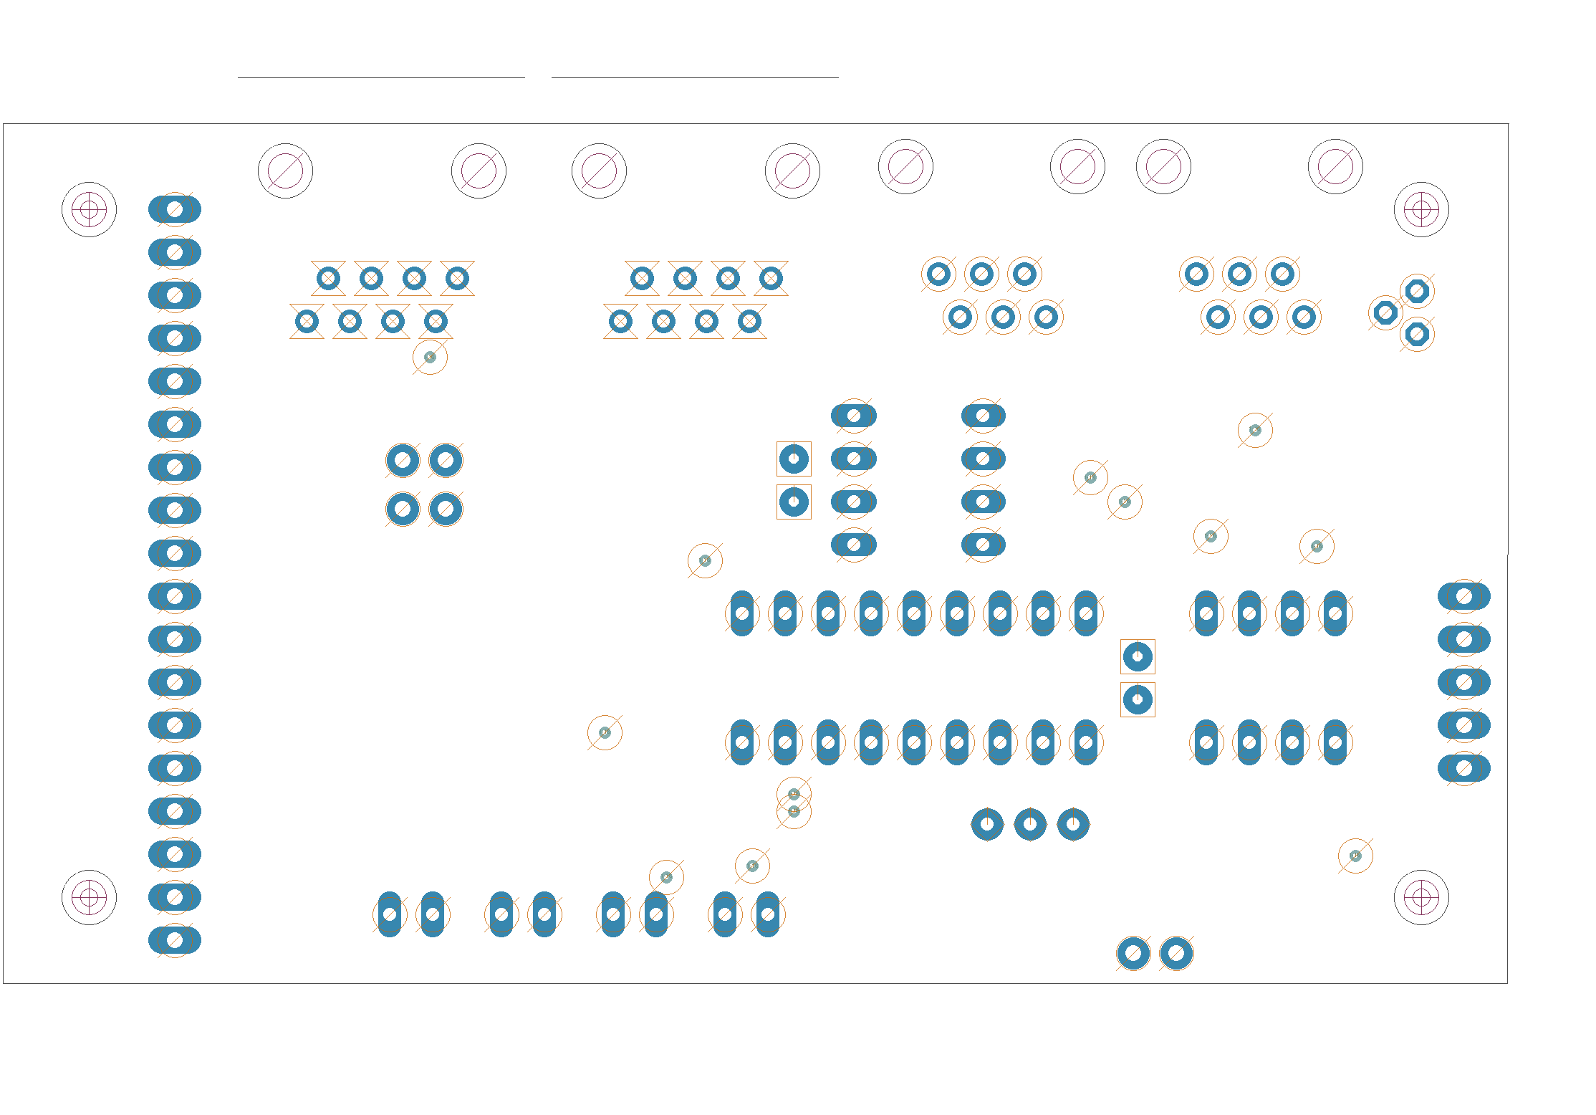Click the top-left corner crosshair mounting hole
click(x=89, y=209)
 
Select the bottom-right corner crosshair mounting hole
click(x=1421, y=897)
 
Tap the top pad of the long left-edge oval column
click(x=175, y=209)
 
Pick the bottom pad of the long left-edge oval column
click(x=175, y=940)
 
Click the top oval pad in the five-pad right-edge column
click(x=1464, y=596)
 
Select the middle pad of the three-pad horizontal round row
click(x=1030, y=824)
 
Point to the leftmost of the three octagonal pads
click(x=1385, y=312)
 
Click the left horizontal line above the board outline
click(x=381, y=77)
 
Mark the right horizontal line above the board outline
click(x=695, y=77)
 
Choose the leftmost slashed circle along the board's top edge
click(x=285, y=171)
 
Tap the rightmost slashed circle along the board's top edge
click(x=1335, y=166)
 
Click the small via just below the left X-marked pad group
click(x=430, y=357)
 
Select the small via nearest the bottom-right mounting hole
click(x=1355, y=856)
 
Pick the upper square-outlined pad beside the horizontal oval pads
click(x=794, y=459)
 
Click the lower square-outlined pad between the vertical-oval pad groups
click(x=1138, y=699)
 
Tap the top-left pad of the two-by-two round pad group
click(x=403, y=460)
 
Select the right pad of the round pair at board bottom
click(x=1176, y=953)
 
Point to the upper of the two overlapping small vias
click(x=794, y=793)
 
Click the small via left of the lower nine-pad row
click(x=605, y=732)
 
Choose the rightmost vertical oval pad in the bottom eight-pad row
click(x=768, y=914)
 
